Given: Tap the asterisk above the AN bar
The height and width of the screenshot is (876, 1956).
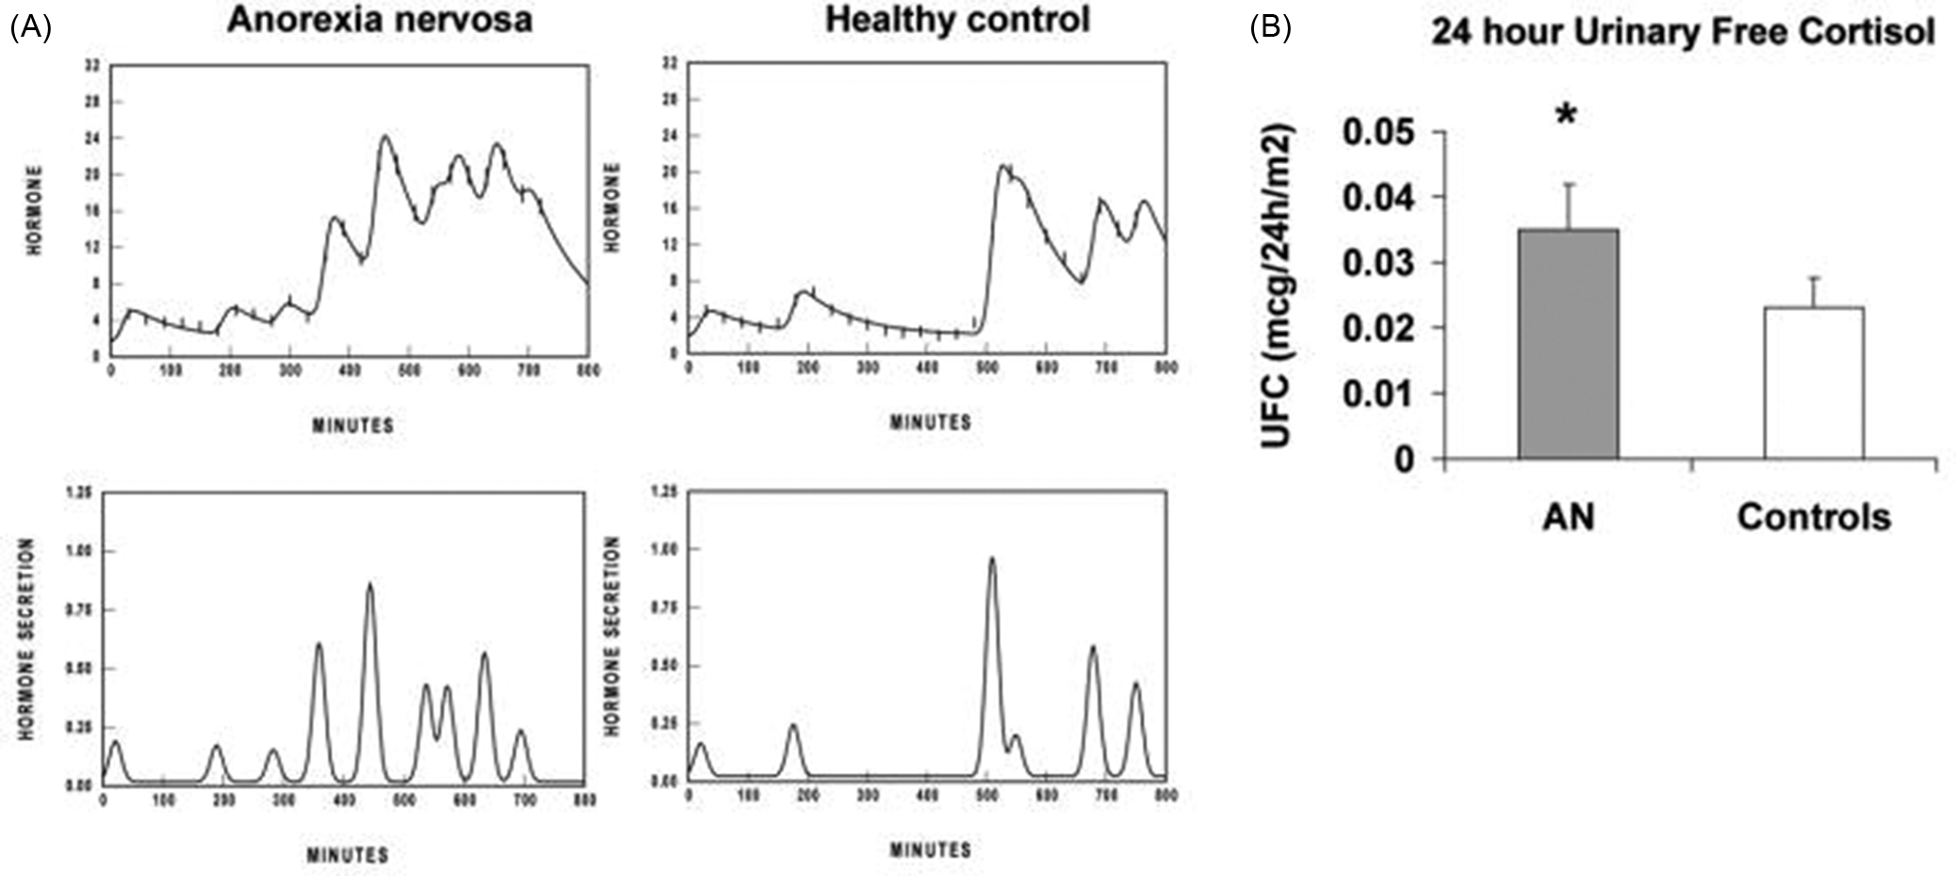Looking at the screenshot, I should (1566, 117).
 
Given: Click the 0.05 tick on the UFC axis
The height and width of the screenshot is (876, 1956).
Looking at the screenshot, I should (1377, 133).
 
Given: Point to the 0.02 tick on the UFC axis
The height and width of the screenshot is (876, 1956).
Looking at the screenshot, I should (1377, 329).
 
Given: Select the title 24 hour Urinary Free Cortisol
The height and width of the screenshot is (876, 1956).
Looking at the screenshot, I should (1683, 32).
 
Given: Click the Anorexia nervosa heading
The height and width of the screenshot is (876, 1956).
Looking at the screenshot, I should (380, 20).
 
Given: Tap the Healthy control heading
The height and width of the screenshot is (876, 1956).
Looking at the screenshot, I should (957, 19).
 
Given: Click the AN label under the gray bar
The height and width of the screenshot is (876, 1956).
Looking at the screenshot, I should (1568, 517).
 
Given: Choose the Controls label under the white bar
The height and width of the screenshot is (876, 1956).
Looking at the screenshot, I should (1814, 517).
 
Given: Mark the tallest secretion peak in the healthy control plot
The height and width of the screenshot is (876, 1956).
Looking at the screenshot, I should (991, 560).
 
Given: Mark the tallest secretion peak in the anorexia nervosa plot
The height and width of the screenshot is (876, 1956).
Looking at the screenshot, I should (369, 585).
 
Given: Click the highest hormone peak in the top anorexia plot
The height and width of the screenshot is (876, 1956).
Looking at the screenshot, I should (385, 137).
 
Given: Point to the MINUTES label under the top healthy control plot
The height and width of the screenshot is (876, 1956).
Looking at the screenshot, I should (930, 423).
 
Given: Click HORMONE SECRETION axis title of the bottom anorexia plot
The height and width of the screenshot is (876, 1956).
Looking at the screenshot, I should (26, 639).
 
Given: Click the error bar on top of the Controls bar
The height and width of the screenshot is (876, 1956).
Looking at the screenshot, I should (1814, 290).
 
